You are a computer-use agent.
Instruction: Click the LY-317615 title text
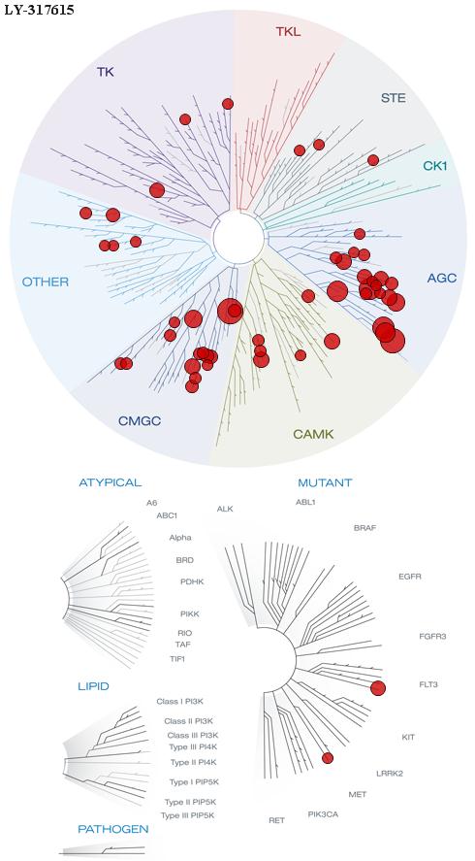point(39,10)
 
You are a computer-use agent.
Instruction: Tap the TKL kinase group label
point(288,32)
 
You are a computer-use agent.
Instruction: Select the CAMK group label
point(313,434)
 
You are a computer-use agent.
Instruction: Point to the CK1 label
point(435,165)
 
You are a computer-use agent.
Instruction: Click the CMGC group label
point(140,421)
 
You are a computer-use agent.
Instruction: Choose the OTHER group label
point(45,282)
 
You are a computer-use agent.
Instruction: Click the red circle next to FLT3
point(378,687)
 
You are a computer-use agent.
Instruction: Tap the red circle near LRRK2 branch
point(328,758)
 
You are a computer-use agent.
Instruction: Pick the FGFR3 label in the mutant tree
point(432,637)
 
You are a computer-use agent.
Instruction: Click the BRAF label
point(365,528)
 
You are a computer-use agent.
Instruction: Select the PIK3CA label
point(323,813)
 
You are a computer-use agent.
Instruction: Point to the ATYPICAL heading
point(111,482)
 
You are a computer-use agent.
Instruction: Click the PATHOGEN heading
point(113,829)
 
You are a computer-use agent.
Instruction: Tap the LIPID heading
point(93,686)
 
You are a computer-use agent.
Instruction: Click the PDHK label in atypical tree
point(192,581)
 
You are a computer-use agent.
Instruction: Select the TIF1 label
point(177,658)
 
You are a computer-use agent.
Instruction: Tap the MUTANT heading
point(325,483)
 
